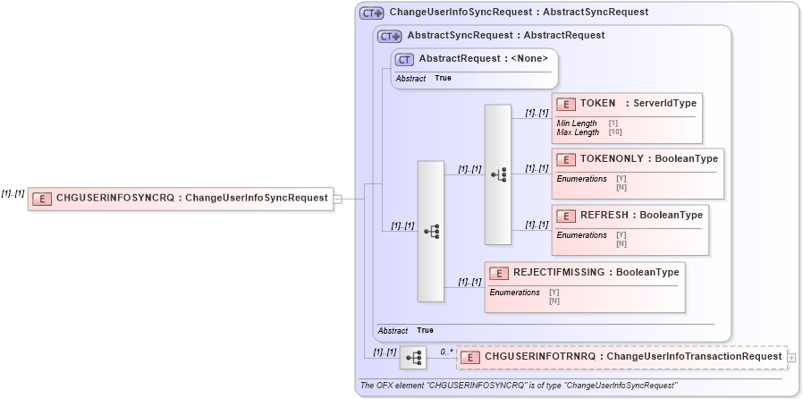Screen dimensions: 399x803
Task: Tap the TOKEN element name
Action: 597,103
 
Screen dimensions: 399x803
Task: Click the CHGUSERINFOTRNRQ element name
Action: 539,356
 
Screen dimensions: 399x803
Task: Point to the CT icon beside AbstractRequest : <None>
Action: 404,59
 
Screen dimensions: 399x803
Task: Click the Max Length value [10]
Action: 615,132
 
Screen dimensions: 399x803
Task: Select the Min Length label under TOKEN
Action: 577,123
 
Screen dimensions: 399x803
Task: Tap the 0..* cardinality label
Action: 446,351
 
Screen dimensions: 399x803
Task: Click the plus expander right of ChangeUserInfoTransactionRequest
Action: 792,357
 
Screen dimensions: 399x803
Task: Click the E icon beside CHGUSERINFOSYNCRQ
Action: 41,198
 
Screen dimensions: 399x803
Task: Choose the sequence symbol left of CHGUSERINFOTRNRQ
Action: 413,358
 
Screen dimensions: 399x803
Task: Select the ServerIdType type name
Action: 665,103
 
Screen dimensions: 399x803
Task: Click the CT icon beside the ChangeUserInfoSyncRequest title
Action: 372,13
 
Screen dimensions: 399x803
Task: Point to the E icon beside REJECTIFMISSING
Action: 498,272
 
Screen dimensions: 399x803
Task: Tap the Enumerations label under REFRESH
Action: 581,235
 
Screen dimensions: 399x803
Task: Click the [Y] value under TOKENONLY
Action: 621,179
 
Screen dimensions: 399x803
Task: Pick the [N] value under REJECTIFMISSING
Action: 554,301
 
